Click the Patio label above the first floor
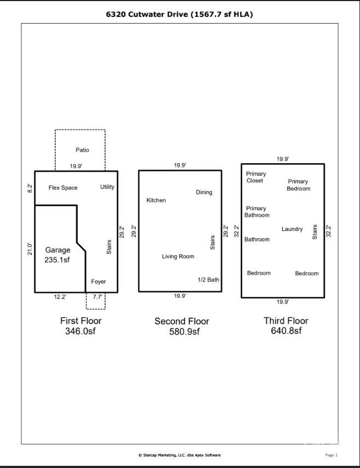[x=82, y=150]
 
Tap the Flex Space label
[x=63, y=188]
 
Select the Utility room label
[x=107, y=187]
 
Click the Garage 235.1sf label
[x=58, y=255]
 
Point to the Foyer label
[x=99, y=282]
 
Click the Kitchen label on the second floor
[x=156, y=200]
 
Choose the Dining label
[x=204, y=192]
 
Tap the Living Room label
[x=178, y=256]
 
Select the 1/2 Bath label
[x=208, y=280]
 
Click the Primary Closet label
[x=256, y=177]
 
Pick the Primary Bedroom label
[x=298, y=185]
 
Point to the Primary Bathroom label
[x=256, y=212]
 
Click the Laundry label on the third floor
[x=292, y=229]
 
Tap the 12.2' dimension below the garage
[x=60, y=297]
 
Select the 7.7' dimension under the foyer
[x=98, y=297]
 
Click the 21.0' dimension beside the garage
[x=30, y=249]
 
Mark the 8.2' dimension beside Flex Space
[x=30, y=188]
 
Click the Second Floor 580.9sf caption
[x=181, y=326]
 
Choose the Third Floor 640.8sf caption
[x=286, y=326]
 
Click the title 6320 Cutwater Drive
[x=180, y=15]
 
